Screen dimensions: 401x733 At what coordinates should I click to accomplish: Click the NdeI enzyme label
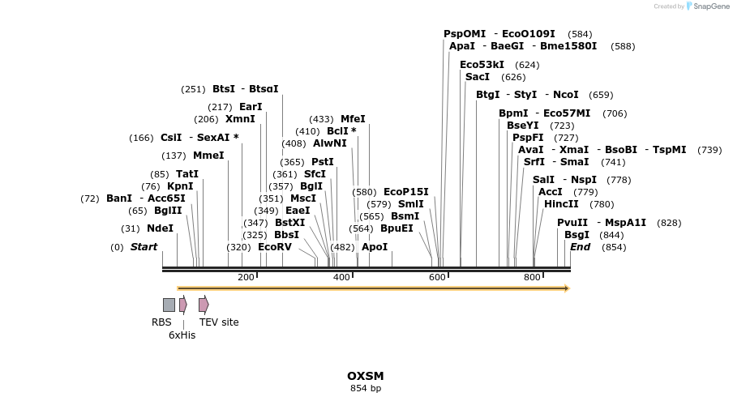click(160, 228)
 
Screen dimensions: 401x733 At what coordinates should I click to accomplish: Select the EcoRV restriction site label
click(274, 247)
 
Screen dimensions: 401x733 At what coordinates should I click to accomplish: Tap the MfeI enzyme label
click(353, 119)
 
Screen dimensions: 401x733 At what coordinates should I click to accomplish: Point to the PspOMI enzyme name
click(465, 34)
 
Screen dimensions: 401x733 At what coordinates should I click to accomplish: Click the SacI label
click(478, 77)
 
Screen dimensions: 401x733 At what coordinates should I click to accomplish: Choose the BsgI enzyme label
click(577, 235)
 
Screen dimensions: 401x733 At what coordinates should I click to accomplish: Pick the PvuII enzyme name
click(572, 223)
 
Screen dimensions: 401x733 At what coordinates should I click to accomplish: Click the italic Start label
click(144, 247)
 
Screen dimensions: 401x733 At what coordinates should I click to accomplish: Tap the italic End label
click(580, 247)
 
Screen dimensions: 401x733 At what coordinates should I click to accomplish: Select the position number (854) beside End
click(614, 247)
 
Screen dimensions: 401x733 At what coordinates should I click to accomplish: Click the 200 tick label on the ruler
click(246, 278)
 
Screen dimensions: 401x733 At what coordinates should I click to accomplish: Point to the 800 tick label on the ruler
click(532, 278)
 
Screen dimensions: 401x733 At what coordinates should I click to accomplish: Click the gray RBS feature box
click(169, 305)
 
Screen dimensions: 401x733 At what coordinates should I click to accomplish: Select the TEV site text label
click(219, 322)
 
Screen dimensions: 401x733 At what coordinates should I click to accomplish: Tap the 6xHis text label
click(182, 335)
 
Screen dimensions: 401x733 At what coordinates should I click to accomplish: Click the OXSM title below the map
click(365, 376)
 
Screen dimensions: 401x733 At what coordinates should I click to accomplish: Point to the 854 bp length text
click(365, 389)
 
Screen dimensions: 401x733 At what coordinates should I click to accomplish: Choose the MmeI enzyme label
click(208, 156)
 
